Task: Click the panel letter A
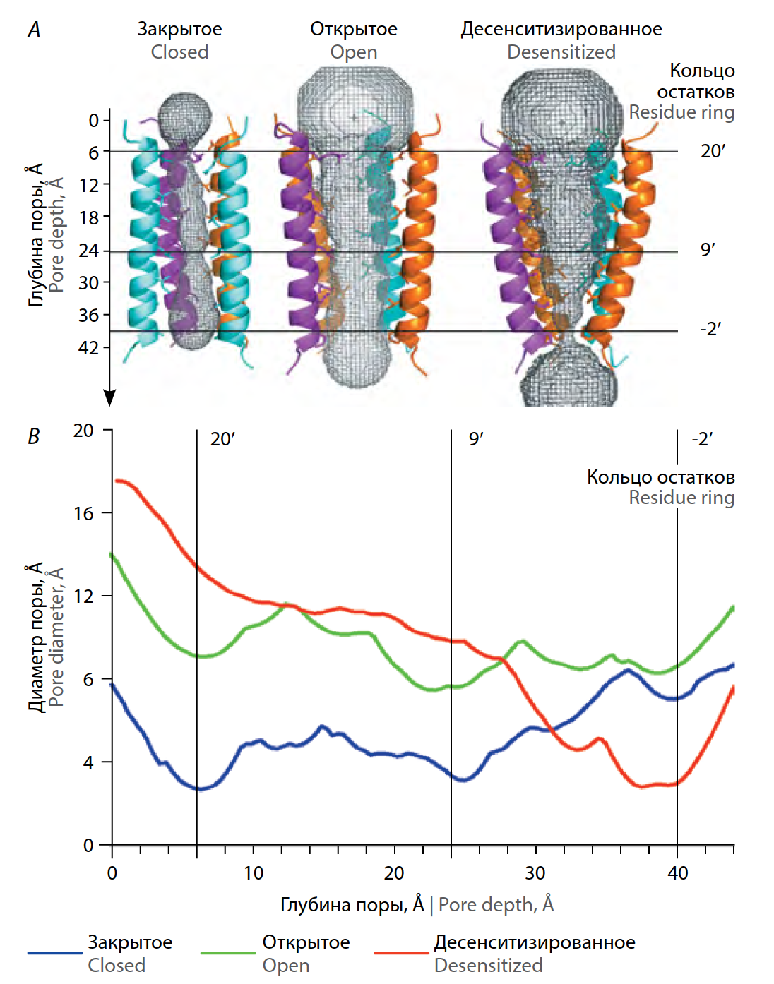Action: pyautogui.click(x=34, y=30)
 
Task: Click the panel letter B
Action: pyautogui.click(x=34, y=436)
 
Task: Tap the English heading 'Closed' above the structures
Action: pyautogui.click(x=179, y=52)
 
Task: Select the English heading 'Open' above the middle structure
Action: pyautogui.click(x=354, y=52)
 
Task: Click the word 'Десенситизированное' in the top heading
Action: pyautogui.click(x=561, y=29)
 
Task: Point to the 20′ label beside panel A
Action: pyautogui.click(x=713, y=151)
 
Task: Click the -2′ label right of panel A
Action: pyautogui.click(x=710, y=330)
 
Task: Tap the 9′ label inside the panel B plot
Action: pyautogui.click(x=476, y=439)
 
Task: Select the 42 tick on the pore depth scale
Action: pyautogui.click(x=88, y=347)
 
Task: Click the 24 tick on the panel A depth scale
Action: pyautogui.click(x=88, y=250)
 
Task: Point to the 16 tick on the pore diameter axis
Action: pyautogui.click(x=83, y=513)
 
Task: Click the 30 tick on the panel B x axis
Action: pyautogui.click(x=535, y=873)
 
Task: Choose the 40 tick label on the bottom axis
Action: pyautogui.click(x=677, y=873)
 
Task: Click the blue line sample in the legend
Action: pyautogui.click(x=55, y=953)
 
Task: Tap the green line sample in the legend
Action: pyautogui.click(x=227, y=953)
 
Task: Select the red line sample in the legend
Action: pyautogui.click(x=400, y=953)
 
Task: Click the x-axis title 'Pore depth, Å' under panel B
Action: pyautogui.click(x=496, y=905)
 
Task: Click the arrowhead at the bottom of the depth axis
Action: pyautogui.click(x=109, y=399)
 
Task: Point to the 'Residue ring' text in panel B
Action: pyautogui.click(x=681, y=498)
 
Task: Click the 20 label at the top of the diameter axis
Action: pyautogui.click(x=83, y=431)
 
